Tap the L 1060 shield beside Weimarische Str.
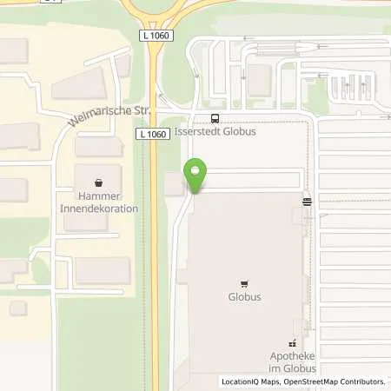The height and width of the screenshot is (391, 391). click(151, 134)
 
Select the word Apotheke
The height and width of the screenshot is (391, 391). click(290, 356)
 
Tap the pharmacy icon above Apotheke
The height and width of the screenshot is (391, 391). click(293, 343)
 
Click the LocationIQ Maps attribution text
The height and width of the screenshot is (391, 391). click(248, 381)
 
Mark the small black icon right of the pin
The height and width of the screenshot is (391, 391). click(307, 201)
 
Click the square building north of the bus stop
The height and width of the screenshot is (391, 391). click(259, 80)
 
